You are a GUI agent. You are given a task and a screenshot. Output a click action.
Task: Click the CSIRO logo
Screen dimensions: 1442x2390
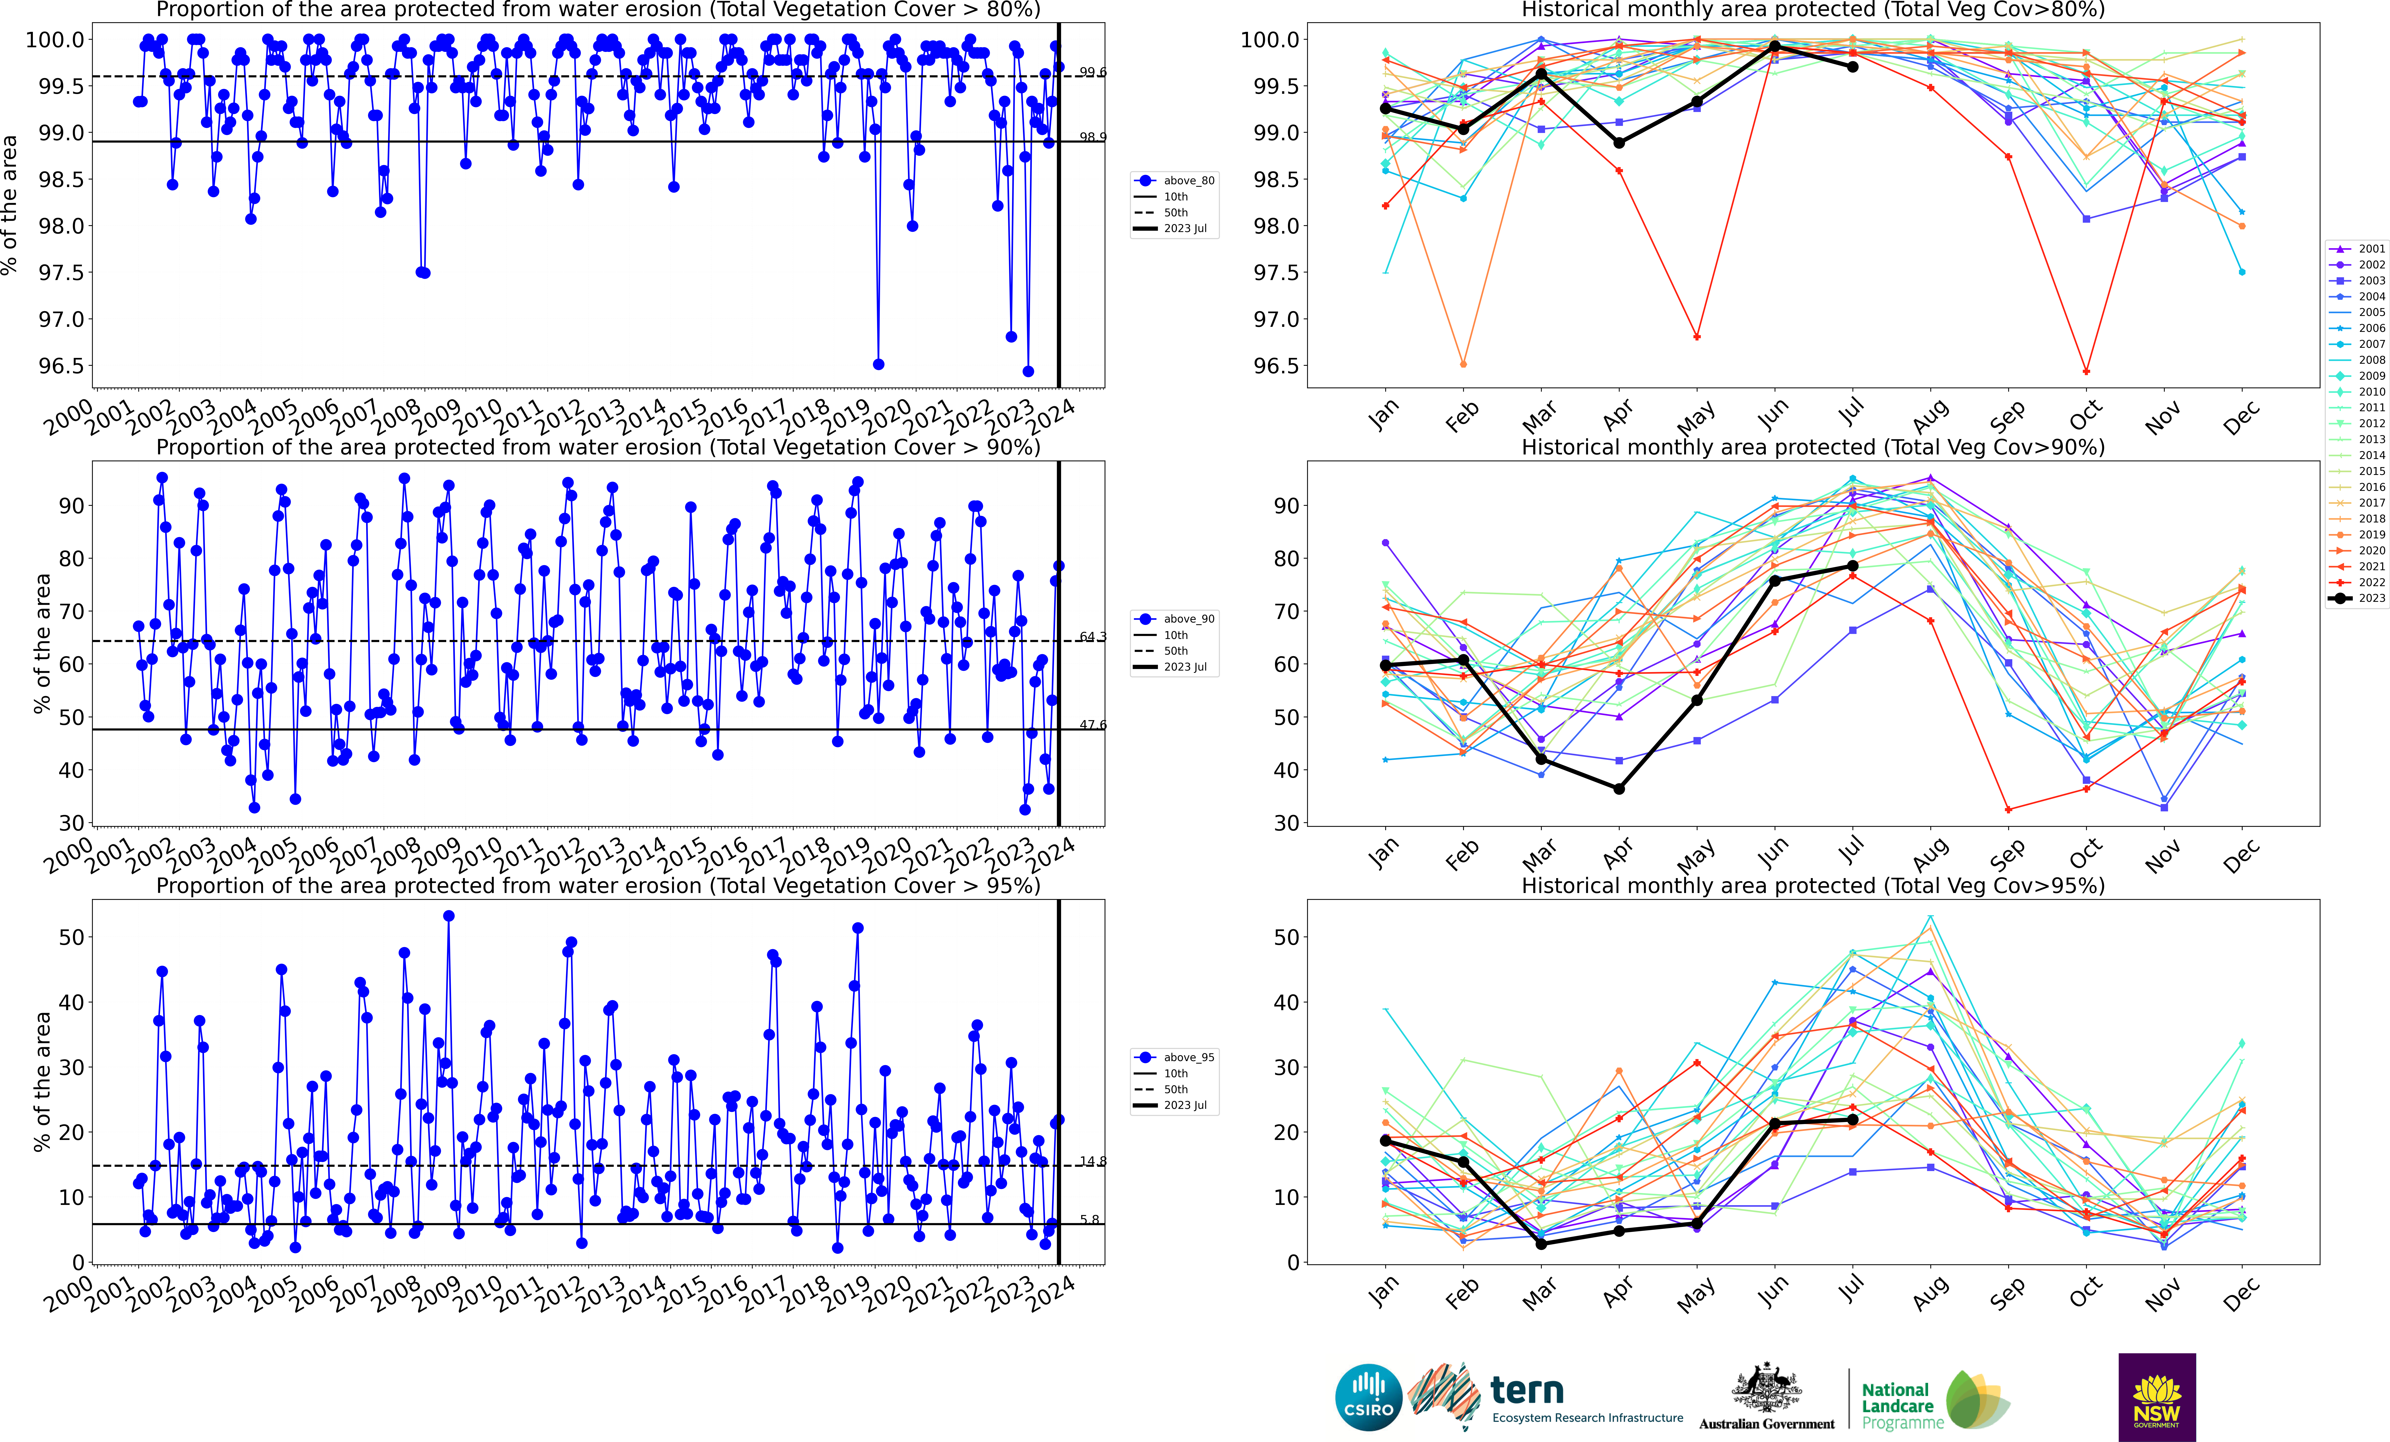(x=1368, y=1398)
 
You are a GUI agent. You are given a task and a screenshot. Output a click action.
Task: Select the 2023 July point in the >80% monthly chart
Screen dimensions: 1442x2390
(x=1853, y=67)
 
